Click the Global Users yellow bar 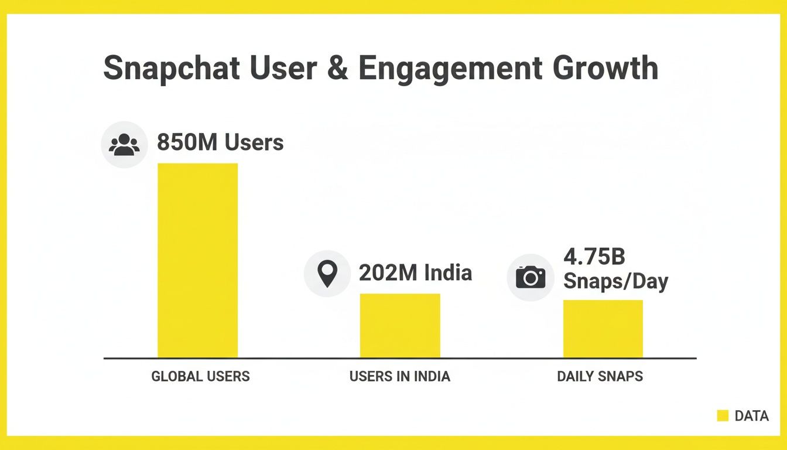[197, 260]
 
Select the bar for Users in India [400, 325]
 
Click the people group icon [124, 145]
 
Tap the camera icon [530, 277]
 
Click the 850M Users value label [220, 142]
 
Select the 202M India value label [415, 272]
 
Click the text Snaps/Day [615, 281]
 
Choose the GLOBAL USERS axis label [200, 376]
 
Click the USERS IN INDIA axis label [400, 376]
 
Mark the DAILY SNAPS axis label [600, 376]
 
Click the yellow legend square [723, 416]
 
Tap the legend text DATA [752, 416]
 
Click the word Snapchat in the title [172, 69]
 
